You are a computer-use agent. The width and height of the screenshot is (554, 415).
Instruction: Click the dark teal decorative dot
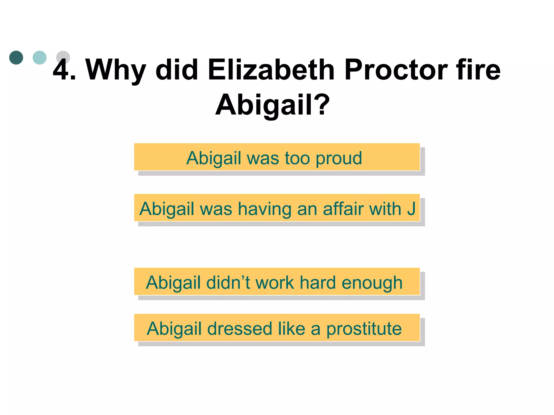pos(16,58)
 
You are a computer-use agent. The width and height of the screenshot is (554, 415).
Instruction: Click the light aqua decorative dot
pos(39,58)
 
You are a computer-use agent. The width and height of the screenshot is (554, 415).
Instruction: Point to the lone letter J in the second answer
pos(411,209)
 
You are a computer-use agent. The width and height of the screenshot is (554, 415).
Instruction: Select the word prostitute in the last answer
pos(364,329)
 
